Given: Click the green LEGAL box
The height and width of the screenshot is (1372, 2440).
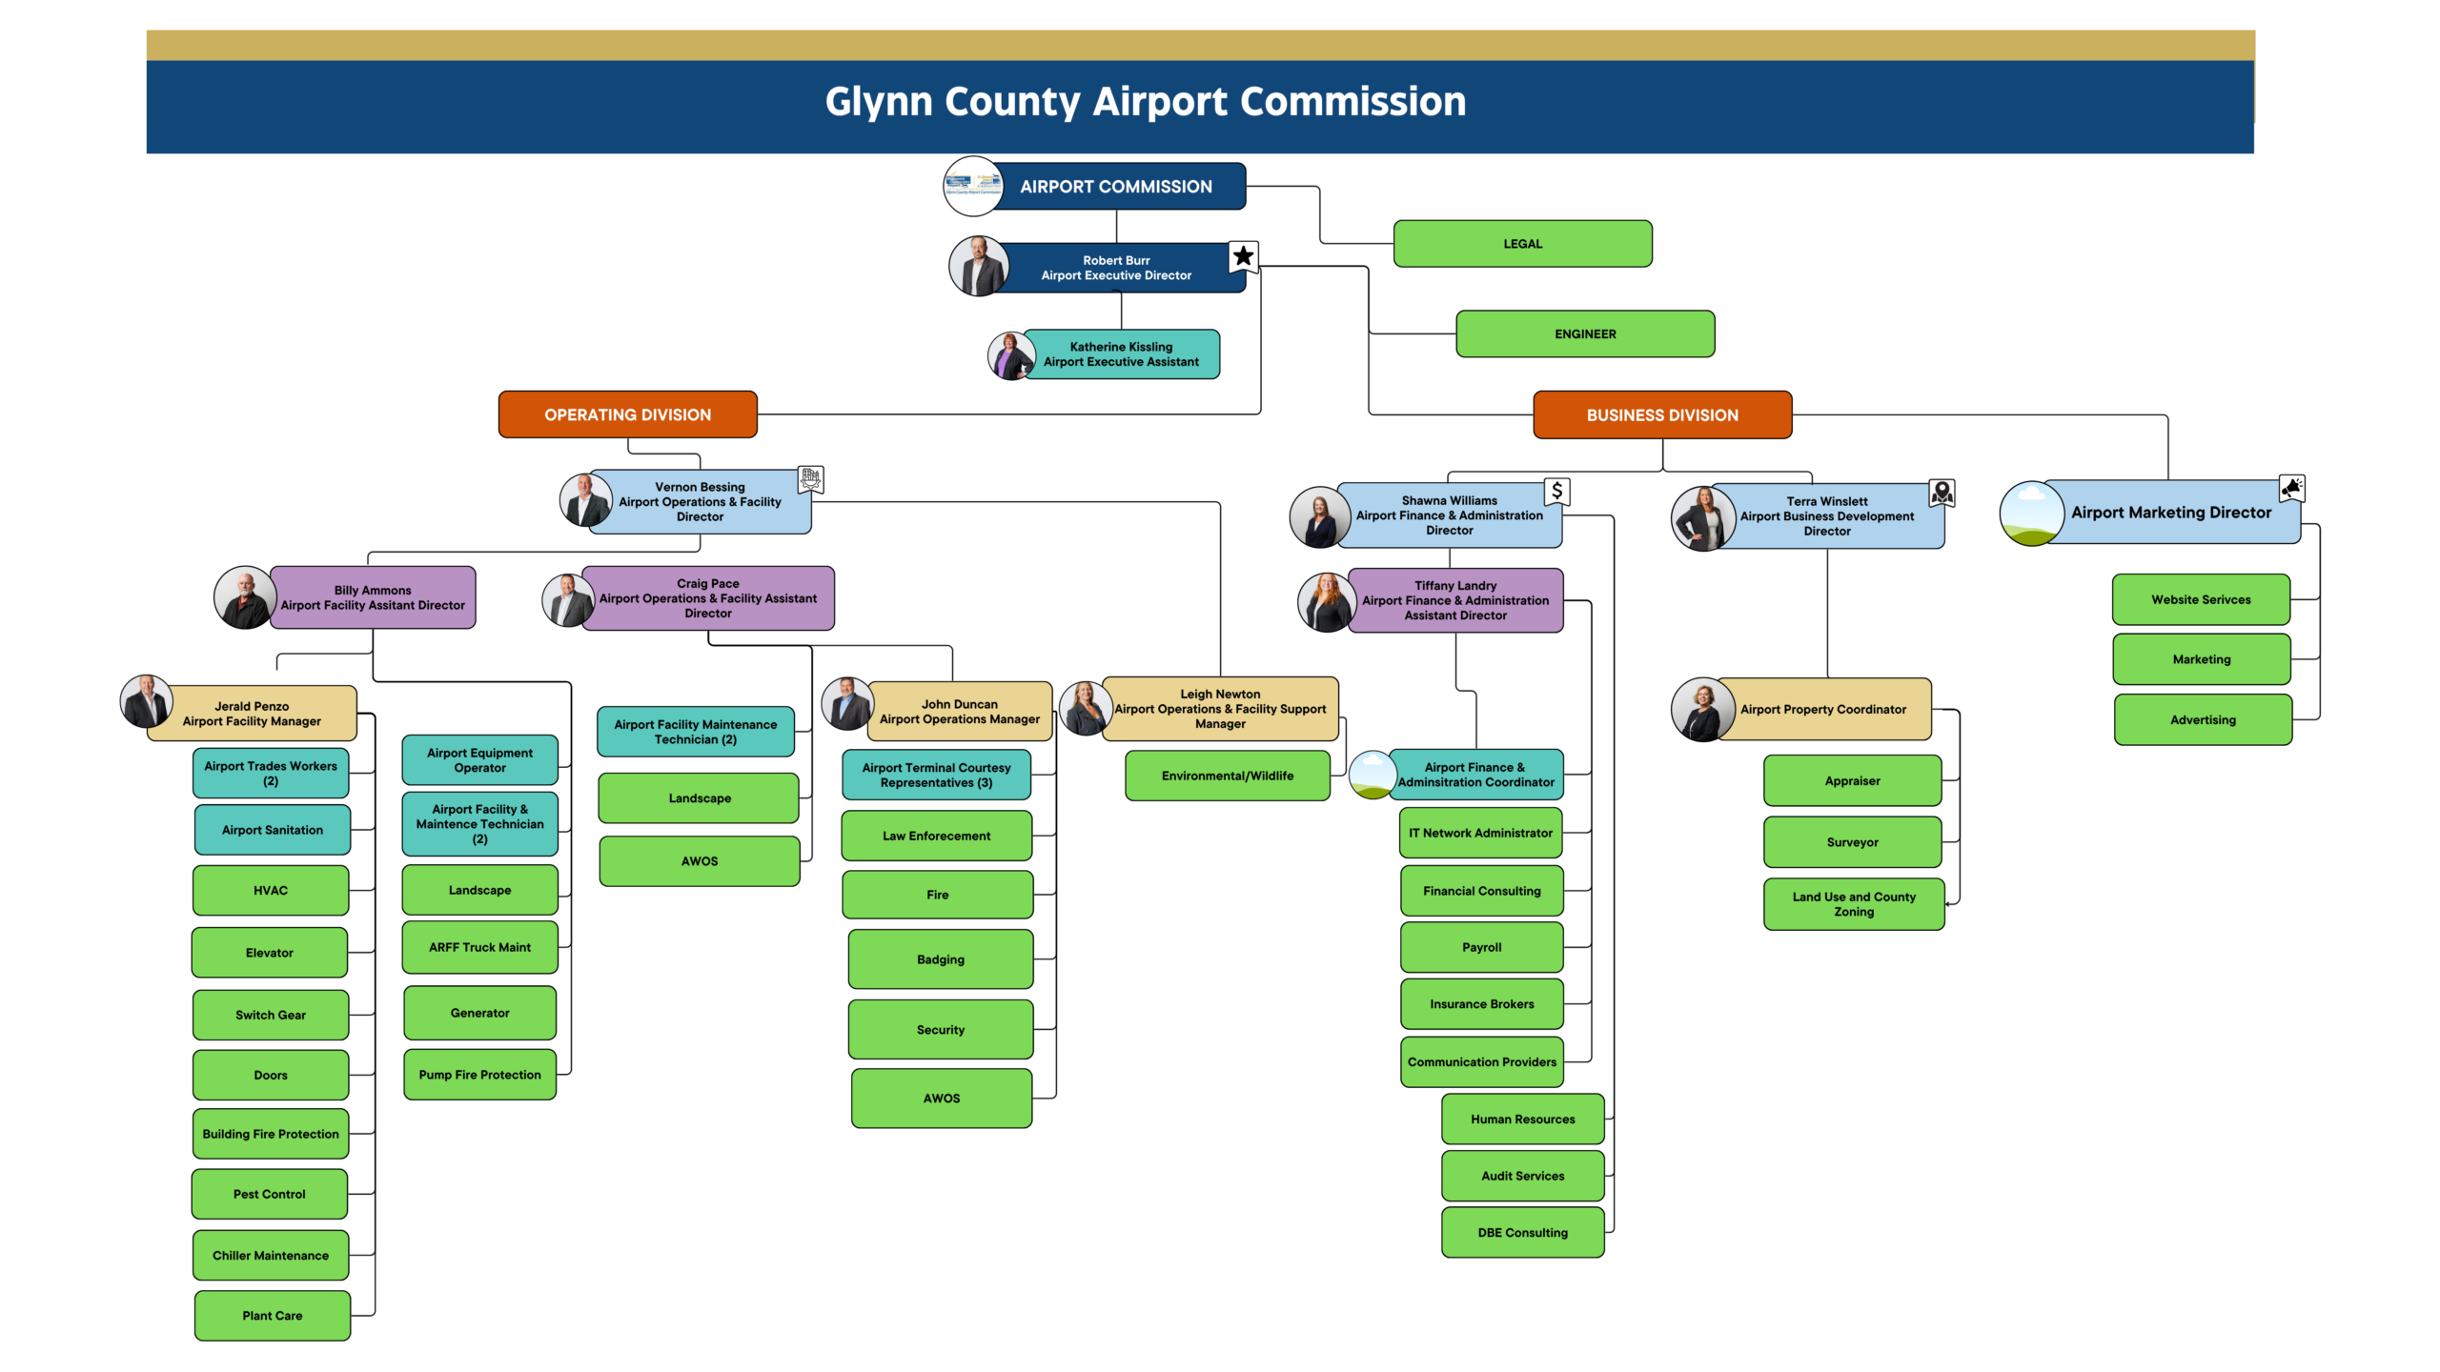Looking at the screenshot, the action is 1522,244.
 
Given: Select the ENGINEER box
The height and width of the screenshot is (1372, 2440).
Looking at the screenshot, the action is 1585,334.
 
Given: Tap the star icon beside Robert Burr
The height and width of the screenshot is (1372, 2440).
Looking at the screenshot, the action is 1243,255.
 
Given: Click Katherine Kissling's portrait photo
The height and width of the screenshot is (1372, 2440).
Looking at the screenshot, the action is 1011,355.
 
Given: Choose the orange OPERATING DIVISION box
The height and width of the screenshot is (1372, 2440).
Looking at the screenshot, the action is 627,414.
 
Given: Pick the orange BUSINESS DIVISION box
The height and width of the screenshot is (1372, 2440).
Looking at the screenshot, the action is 1662,415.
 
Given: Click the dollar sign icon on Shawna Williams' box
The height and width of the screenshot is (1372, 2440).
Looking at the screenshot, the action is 1556,492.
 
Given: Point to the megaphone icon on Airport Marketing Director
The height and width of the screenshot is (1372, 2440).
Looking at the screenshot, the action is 2292,488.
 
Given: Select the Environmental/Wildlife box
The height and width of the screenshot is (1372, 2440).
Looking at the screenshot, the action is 1228,776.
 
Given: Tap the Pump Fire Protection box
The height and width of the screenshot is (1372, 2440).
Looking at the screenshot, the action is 479,1075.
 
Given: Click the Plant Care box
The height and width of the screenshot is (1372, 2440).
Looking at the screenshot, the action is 272,1316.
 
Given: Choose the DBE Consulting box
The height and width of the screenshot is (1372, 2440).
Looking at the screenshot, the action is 1522,1233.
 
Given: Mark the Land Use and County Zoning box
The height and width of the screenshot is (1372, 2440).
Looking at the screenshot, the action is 1854,904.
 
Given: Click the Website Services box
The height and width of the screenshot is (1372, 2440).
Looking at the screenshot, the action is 2201,599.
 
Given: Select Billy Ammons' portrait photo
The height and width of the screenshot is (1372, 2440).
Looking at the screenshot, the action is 244,597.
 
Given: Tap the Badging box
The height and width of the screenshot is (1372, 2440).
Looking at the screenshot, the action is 941,959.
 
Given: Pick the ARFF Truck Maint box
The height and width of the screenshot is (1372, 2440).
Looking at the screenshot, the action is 479,947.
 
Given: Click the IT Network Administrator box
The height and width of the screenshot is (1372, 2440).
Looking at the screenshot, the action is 1480,833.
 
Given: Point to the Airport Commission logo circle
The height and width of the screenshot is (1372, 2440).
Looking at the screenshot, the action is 973,186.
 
